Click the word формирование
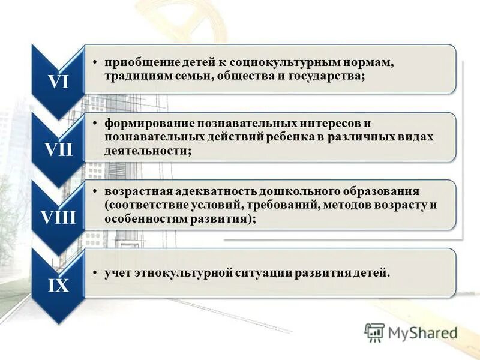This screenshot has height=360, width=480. click(142, 124)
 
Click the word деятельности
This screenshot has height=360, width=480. click(146, 151)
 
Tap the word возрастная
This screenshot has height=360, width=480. click(137, 191)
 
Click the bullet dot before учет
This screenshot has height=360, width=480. click(97, 274)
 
